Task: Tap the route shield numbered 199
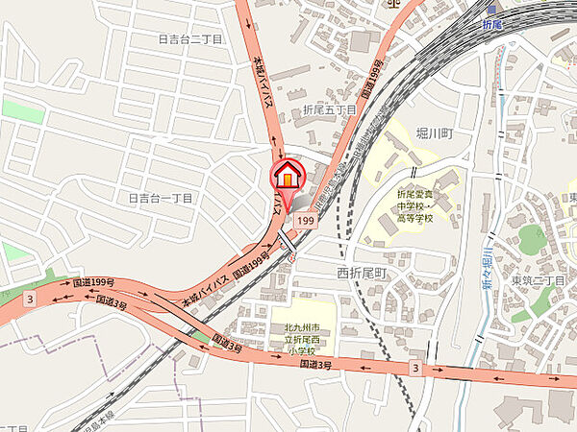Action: click(307, 222)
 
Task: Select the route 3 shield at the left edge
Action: click(31, 300)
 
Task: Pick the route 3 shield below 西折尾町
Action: click(414, 368)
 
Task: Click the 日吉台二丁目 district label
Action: click(189, 39)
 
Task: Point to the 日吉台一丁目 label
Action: click(162, 198)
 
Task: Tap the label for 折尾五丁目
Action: click(329, 111)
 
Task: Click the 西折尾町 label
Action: click(362, 273)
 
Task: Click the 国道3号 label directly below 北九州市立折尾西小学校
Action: click(315, 366)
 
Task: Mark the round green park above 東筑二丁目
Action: click(531, 238)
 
